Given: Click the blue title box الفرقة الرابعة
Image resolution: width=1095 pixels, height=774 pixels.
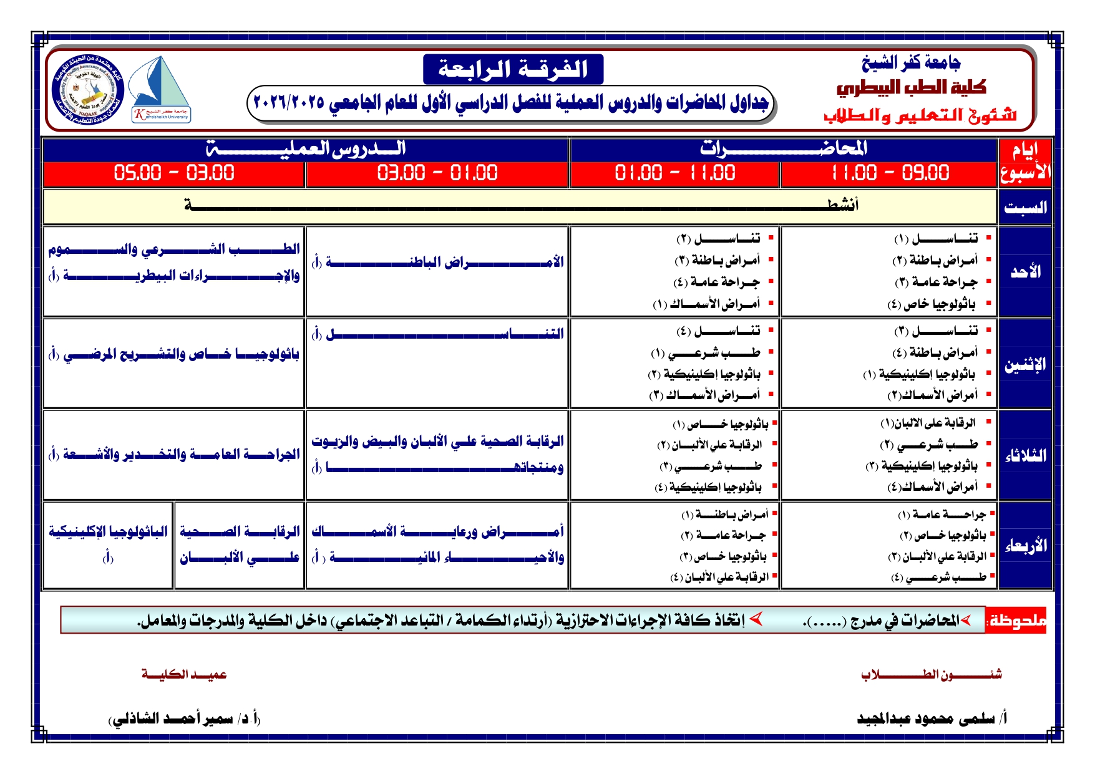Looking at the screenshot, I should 513,69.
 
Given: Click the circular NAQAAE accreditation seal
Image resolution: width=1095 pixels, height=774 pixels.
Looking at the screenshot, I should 89,89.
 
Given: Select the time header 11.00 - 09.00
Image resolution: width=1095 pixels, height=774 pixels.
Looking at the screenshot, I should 889,173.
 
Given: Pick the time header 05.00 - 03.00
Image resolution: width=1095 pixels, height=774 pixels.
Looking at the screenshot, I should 174,173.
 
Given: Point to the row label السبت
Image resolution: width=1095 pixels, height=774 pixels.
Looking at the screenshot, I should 1024,207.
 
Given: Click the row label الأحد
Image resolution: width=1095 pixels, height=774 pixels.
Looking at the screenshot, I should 1025,272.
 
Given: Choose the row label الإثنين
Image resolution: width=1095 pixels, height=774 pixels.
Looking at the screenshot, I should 1024,364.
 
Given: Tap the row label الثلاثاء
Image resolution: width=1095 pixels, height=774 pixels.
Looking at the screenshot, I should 1024,455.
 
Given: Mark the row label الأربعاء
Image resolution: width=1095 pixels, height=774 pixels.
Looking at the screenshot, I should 1024,546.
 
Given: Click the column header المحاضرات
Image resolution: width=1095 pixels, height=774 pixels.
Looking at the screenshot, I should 783,148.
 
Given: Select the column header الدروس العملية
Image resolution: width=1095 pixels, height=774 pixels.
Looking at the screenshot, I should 306,148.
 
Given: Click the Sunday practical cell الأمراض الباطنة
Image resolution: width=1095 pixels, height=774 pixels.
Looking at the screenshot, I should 437,263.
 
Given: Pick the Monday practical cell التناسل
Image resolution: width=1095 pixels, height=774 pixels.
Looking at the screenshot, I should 437,334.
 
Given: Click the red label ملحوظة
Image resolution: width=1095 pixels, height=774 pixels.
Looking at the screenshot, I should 1016,621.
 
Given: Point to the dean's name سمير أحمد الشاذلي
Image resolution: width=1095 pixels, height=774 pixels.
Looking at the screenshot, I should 185,718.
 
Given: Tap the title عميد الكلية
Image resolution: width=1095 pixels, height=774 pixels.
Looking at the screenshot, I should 184,674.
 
